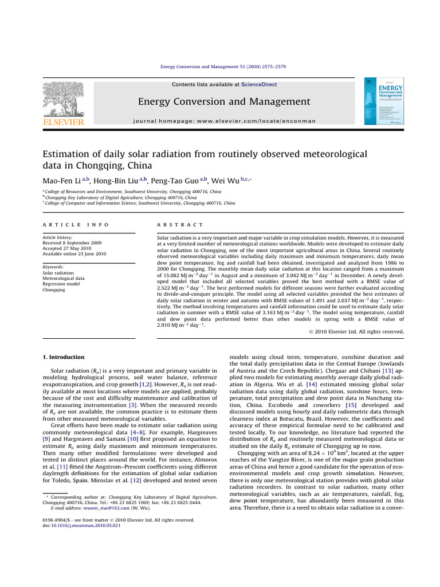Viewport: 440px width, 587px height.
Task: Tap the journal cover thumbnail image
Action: pyautogui.click(x=383, y=101)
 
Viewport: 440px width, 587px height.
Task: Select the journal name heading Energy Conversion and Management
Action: pyautogui.click(x=224, y=102)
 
